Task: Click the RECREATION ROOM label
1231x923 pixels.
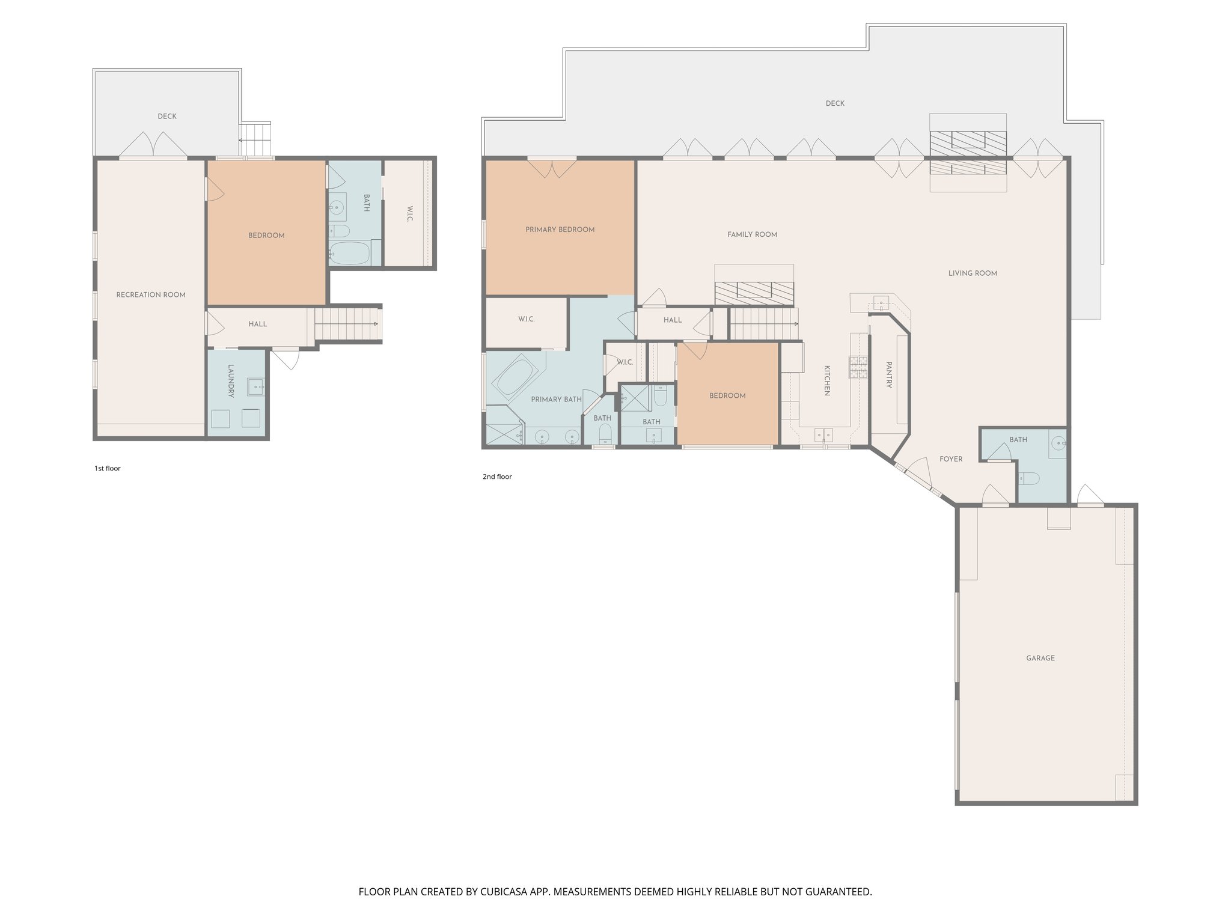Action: coord(150,294)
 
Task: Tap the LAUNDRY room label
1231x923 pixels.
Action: coord(231,381)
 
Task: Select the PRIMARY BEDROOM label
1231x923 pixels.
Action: coord(560,230)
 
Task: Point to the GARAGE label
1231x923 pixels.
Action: coord(1040,658)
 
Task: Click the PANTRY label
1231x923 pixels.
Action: coord(888,374)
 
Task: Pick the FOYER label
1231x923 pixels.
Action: coord(950,459)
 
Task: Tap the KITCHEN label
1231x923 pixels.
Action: coord(826,380)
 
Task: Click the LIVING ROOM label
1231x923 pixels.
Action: coord(972,273)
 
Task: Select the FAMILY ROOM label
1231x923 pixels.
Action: coord(752,235)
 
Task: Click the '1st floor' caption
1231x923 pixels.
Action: coord(107,468)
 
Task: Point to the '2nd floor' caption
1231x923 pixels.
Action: coord(496,477)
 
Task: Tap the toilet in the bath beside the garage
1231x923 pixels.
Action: coord(1029,478)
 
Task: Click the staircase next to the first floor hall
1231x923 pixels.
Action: coord(346,324)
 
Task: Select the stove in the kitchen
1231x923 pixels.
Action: coord(858,367)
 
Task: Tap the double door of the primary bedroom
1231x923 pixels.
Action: coord(552,169)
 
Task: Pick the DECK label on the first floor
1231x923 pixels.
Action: coord(167,117)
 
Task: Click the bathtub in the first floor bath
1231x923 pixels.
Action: coord(349,253)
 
